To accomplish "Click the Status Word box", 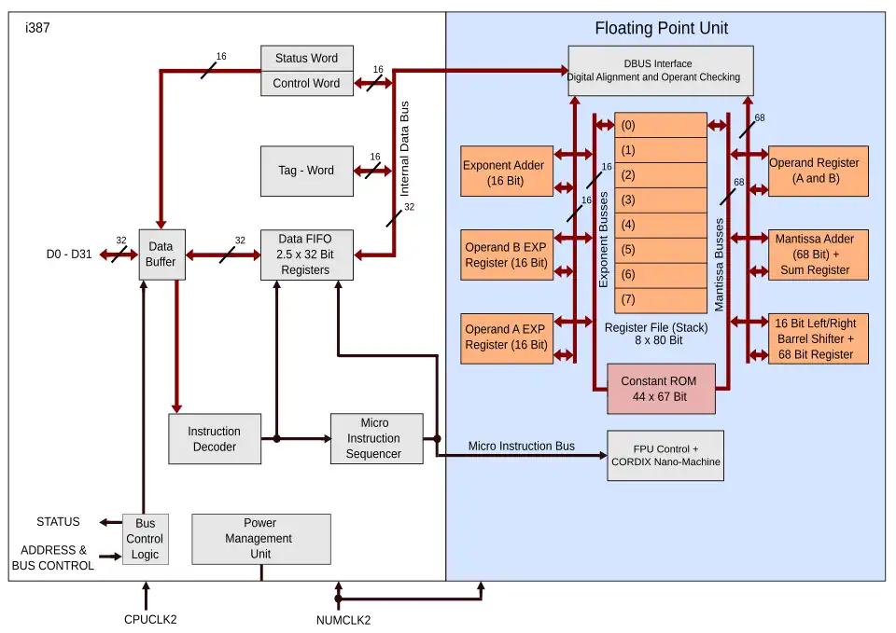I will (x=306, y=58).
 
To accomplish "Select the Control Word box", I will (x=306, y=83).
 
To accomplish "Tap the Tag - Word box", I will (x=306, y=171).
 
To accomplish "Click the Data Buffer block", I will (x=161, y=255).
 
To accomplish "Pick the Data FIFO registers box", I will (x=306, y=255).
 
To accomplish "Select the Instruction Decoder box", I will (x=214, y=439).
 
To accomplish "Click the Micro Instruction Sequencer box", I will (x=373, y=438).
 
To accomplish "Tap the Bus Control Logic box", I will (x=145, y=539).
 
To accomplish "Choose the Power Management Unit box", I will (x=260, y=539).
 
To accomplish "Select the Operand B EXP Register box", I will (x=507, y=255).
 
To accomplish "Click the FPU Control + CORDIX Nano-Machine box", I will (x=665, y=455).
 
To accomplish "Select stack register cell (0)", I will (x=660, y=125).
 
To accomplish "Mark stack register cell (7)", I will (x=660, y=299).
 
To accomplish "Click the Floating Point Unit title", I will (x=661, y=28).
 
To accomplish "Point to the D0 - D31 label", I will (x=69, y=255).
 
